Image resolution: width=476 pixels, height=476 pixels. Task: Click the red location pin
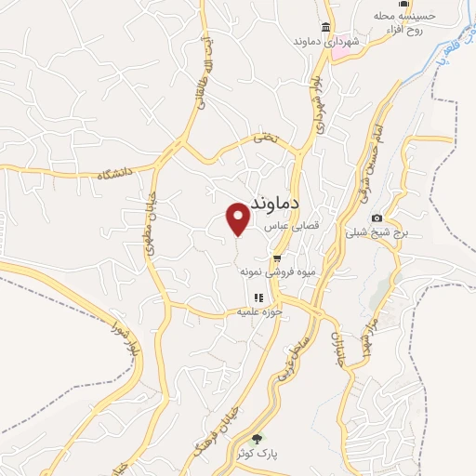239,218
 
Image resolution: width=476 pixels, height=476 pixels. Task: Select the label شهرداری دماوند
325,42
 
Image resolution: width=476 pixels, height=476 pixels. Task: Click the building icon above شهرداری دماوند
325,26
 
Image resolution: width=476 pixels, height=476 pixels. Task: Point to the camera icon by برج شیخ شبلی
377,218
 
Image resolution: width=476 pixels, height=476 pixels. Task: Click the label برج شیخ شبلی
377,233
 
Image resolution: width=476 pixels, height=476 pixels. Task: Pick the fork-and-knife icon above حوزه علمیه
258,297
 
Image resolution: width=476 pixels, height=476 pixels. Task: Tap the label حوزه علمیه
258,312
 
